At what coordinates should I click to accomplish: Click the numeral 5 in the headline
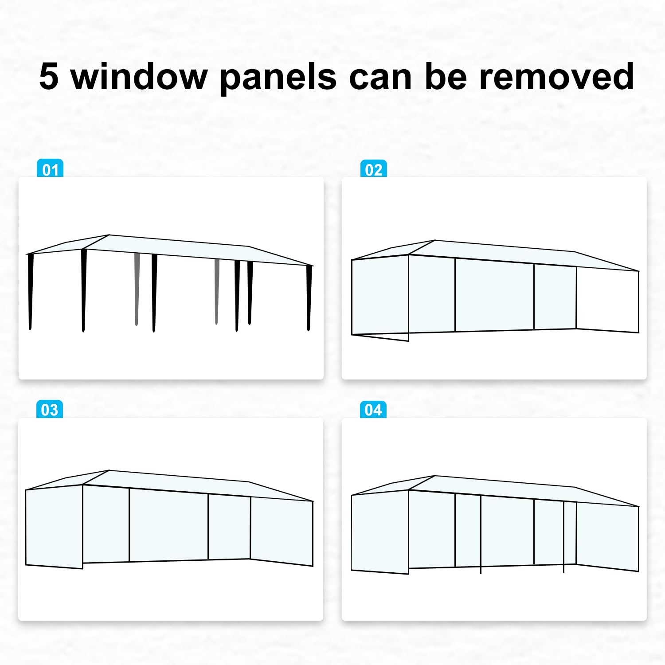point(49,76)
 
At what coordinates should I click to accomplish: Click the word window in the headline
point(139,76)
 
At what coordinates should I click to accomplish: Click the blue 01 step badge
point(50,169)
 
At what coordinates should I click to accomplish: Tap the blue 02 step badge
point(373,169)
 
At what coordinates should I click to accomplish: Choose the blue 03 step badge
point(50,409)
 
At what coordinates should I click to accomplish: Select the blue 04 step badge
point(373,409)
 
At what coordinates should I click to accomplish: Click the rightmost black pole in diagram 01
point(309,297)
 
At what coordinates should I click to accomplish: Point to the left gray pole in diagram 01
point(137,288)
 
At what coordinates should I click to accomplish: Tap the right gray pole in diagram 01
point(217,290)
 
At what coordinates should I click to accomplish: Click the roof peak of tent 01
point(109,235)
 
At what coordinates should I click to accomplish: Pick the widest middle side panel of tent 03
point(168,525)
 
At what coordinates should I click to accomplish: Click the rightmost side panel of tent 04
point(607,536)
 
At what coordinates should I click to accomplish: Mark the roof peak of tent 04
point(435,476)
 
